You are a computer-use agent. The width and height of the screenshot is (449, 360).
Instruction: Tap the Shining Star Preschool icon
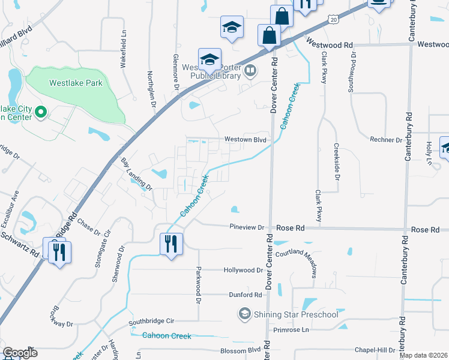pyautogui.click(x=244, y=314)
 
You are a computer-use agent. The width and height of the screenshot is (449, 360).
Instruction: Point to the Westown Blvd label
pyautogui.click(x=245, y=139)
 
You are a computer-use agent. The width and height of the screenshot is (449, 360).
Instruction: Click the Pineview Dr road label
pyautogui.click(x=247, y=227)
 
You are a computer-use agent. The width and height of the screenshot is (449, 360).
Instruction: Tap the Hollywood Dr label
pyautogui.click(x=243, y=270)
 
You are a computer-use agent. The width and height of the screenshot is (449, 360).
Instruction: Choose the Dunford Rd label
pyautogui.click(x=246, y=295)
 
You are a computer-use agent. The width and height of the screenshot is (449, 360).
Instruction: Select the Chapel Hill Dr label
pyautogui.click(x=375, y=350)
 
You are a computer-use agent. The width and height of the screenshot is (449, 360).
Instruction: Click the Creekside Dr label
pyautogui.click(x=337, y=161)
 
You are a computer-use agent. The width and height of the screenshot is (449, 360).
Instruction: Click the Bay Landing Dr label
pyautogui.click(x=137, y=174)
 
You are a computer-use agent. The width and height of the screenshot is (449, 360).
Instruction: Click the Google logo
pyautogui.click(x=20, y=352)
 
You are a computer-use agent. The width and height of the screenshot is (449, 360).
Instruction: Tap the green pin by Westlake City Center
pyautogui.click(x=41, y=112)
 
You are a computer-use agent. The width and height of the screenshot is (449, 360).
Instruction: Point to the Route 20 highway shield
pyautogui.click(x=333, y=20)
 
